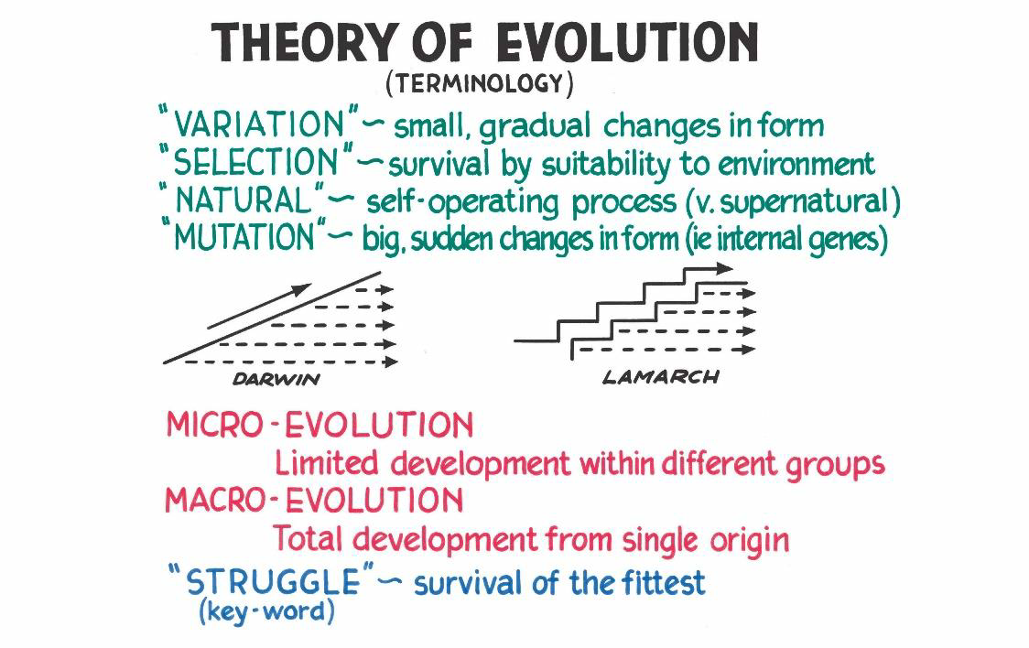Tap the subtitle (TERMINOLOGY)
tap(480, 83)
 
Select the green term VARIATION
tap(258, 124)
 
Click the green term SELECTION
tap(255, 161)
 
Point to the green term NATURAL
tap(244, 200)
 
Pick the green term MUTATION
tap(244, 236)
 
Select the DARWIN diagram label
tap(276, 379)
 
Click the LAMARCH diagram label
tap(661, 377)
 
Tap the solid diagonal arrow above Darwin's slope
tap(259, 307)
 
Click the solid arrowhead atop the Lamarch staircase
tap(724, 267)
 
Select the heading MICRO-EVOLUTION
tap(320, 425)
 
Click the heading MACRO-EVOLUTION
tap(314, 501)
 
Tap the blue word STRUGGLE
tap(273, 582)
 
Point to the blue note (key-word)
tap(266, 611)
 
